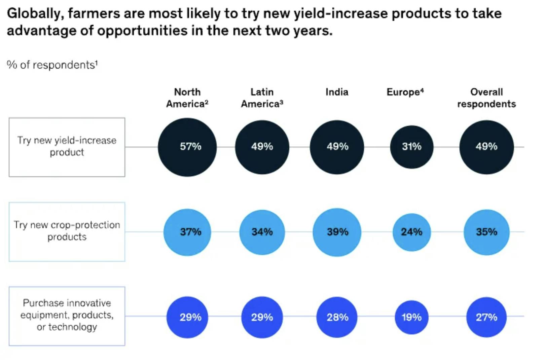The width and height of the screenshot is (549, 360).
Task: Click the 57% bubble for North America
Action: (187, 147)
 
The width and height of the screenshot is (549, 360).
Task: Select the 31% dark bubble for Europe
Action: (412, 147)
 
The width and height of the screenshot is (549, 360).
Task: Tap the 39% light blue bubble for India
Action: (337, 232)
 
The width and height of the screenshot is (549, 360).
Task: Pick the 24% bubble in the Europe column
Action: (412, 232)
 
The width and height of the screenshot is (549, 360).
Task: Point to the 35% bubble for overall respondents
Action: (486, 232)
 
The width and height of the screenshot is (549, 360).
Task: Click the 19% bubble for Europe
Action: (412, 317)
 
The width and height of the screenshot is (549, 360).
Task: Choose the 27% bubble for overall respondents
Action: (486, 317)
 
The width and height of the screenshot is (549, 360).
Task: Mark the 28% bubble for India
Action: (337, 317)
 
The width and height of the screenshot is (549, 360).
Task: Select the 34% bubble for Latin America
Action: (262, 232)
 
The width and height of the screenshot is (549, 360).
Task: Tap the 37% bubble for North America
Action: (187, 232)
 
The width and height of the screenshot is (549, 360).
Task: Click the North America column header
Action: (187, 98)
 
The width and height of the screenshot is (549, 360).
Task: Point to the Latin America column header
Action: (262, 98)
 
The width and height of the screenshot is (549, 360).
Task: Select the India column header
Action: (337, 92)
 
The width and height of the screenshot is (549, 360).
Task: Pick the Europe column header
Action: (405, 92)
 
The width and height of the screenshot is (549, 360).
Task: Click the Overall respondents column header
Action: (486, 98)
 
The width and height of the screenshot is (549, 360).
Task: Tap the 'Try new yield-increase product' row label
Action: (67, 147)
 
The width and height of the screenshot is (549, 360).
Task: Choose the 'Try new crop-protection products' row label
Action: (67, 231)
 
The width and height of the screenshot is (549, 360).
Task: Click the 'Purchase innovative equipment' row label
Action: (67, 315)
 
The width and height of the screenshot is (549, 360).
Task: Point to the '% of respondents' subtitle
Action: (52, 65)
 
